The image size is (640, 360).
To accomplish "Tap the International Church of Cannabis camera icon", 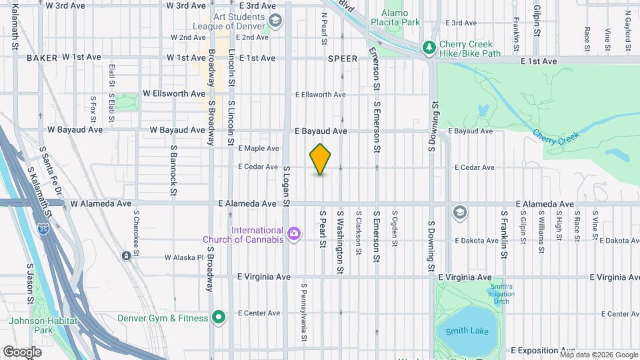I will coord(294,233).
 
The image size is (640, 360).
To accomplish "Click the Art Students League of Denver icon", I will coord(275,21).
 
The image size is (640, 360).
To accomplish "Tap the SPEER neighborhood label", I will coord(341,59).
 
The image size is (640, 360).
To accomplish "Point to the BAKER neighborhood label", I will coord(42,58).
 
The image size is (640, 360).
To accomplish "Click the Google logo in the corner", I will coord(22,351).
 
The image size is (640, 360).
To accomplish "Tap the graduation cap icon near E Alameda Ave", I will coord(459,213).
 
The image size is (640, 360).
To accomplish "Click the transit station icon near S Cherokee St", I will coord(126,256).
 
